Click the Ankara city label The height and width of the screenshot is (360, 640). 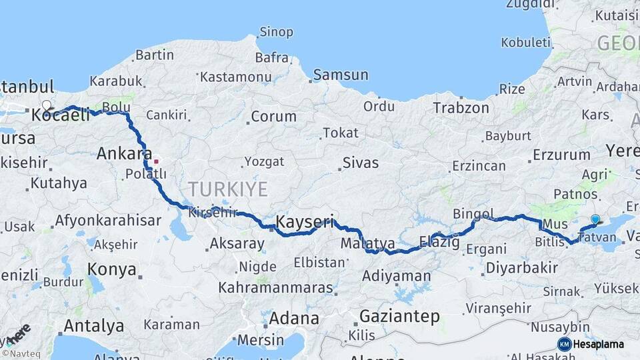tap(125, 153)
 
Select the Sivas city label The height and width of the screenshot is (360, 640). tap(360, 163)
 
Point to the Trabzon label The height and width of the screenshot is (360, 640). tap(461, 107)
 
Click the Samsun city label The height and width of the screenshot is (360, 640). tap(340, 75)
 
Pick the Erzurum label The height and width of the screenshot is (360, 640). tap(561, 155)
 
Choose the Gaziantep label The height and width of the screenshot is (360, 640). tap(399, 316)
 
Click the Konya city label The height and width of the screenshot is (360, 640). tap(112, 271)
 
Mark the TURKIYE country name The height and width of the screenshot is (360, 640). tap(227, 189)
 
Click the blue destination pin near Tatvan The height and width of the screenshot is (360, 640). tap(595, 219)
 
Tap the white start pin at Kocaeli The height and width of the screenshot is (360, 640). tap(47, 105)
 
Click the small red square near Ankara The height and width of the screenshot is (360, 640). tap(156, 161)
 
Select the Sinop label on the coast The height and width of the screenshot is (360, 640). tap(276, 32)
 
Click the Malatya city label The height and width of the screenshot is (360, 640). tap(367, 244)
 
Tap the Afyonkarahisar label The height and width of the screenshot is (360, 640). tap(108, 221)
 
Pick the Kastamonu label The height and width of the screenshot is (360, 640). tap(231, 77)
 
